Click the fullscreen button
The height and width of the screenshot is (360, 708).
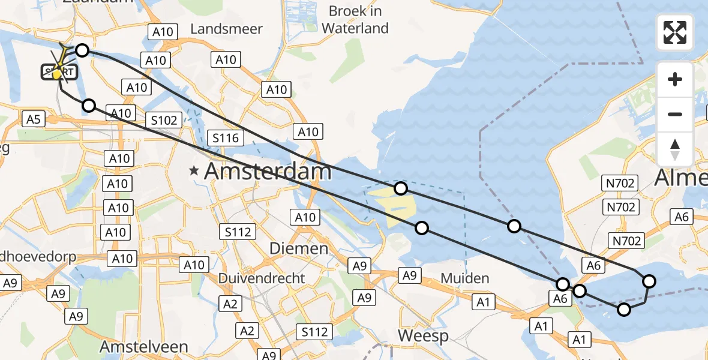point(675,32)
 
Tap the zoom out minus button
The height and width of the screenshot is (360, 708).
point(675,114)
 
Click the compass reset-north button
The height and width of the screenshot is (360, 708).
point(675,149)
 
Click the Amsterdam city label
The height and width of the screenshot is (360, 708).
point(268,172)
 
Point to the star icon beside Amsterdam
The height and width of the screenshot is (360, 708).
point(193,172)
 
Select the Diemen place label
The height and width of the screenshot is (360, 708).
point(298,248)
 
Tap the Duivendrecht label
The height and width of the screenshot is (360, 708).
point(261,278)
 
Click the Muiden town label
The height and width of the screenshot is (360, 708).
point(464,278)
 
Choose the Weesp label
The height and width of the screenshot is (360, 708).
point(423,336)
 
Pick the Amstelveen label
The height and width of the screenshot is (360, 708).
point(143,347)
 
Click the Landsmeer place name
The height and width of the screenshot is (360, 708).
point(226,29)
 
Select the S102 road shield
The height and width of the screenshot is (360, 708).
point(164,120)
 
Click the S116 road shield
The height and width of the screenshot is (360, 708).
point(225,138)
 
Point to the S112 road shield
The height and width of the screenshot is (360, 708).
point(238,232)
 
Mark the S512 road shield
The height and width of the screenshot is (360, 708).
point(314,332)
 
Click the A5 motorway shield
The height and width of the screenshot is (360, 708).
point(33,119)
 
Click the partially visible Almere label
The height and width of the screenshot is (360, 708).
point(681,178)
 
